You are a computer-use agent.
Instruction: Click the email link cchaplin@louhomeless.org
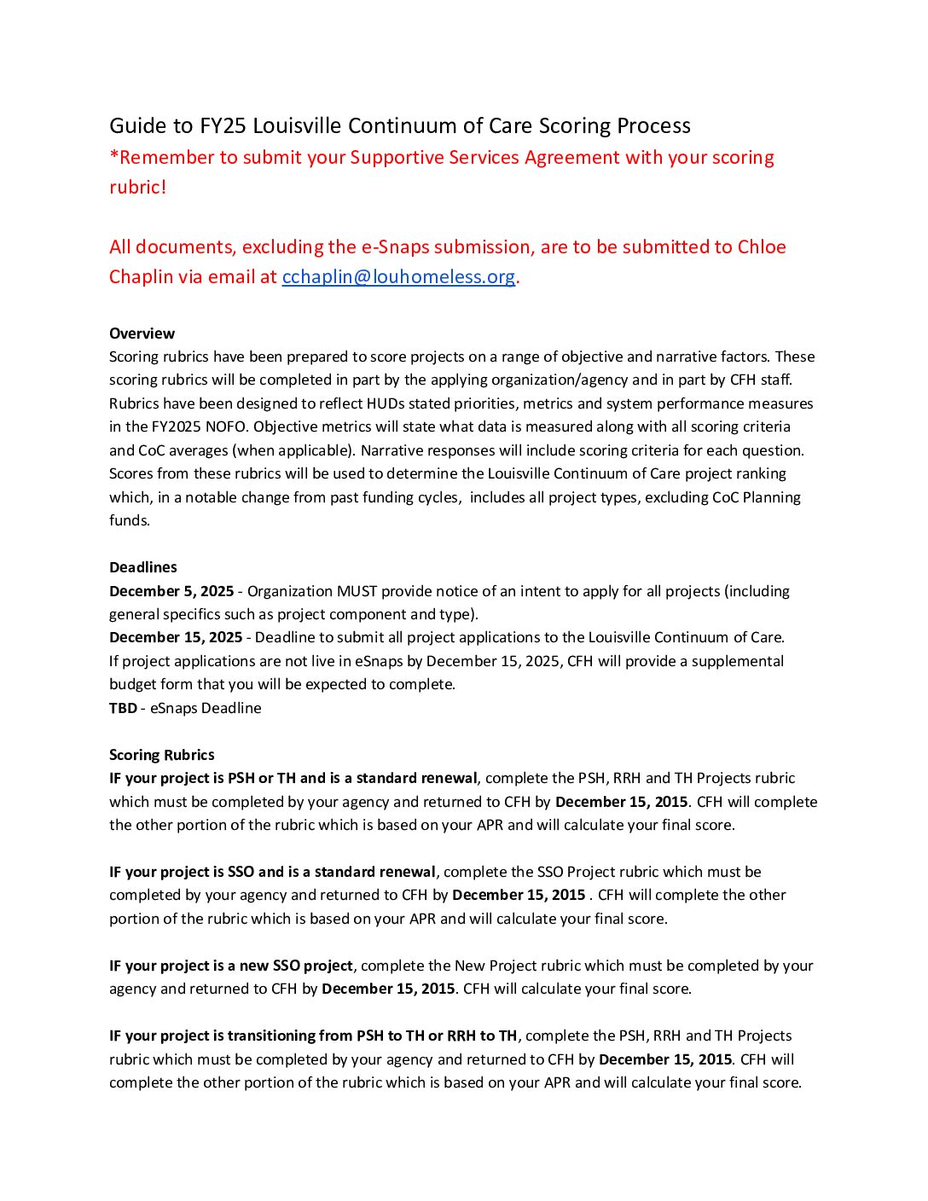click(398, 277)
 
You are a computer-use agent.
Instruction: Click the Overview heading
click(142, 334)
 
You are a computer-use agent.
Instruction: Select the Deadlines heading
click(143, 567)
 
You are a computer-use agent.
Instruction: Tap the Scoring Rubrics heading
click(162, 755)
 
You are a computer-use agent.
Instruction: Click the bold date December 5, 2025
click(171, 591)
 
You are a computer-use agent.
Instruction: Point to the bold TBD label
click(123, 708)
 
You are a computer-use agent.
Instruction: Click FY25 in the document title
click(223, 126)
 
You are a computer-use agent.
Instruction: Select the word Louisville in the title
click(297, 126)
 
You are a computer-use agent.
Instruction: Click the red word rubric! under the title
click(137, 188)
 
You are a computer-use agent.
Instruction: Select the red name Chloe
click(762, 247)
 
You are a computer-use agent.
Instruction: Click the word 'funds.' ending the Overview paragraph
click(130, 520)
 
